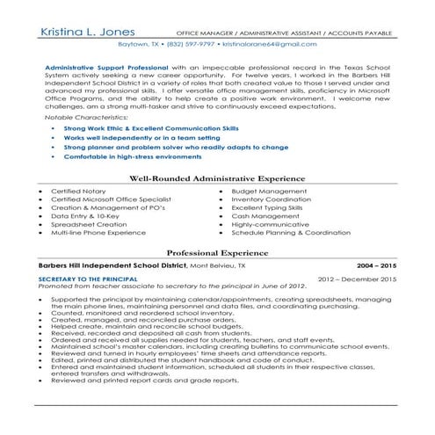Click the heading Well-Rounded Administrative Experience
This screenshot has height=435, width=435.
coord(218,178)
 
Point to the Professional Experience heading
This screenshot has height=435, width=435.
coord(217,252)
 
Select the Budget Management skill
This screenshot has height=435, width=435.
coord(272,191)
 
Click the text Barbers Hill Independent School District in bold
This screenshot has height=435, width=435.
coord(112,264)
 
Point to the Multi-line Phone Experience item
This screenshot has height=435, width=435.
coord(99,233)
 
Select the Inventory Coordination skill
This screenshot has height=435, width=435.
coord(275,199)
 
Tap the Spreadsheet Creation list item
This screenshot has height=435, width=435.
coord(89,224)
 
